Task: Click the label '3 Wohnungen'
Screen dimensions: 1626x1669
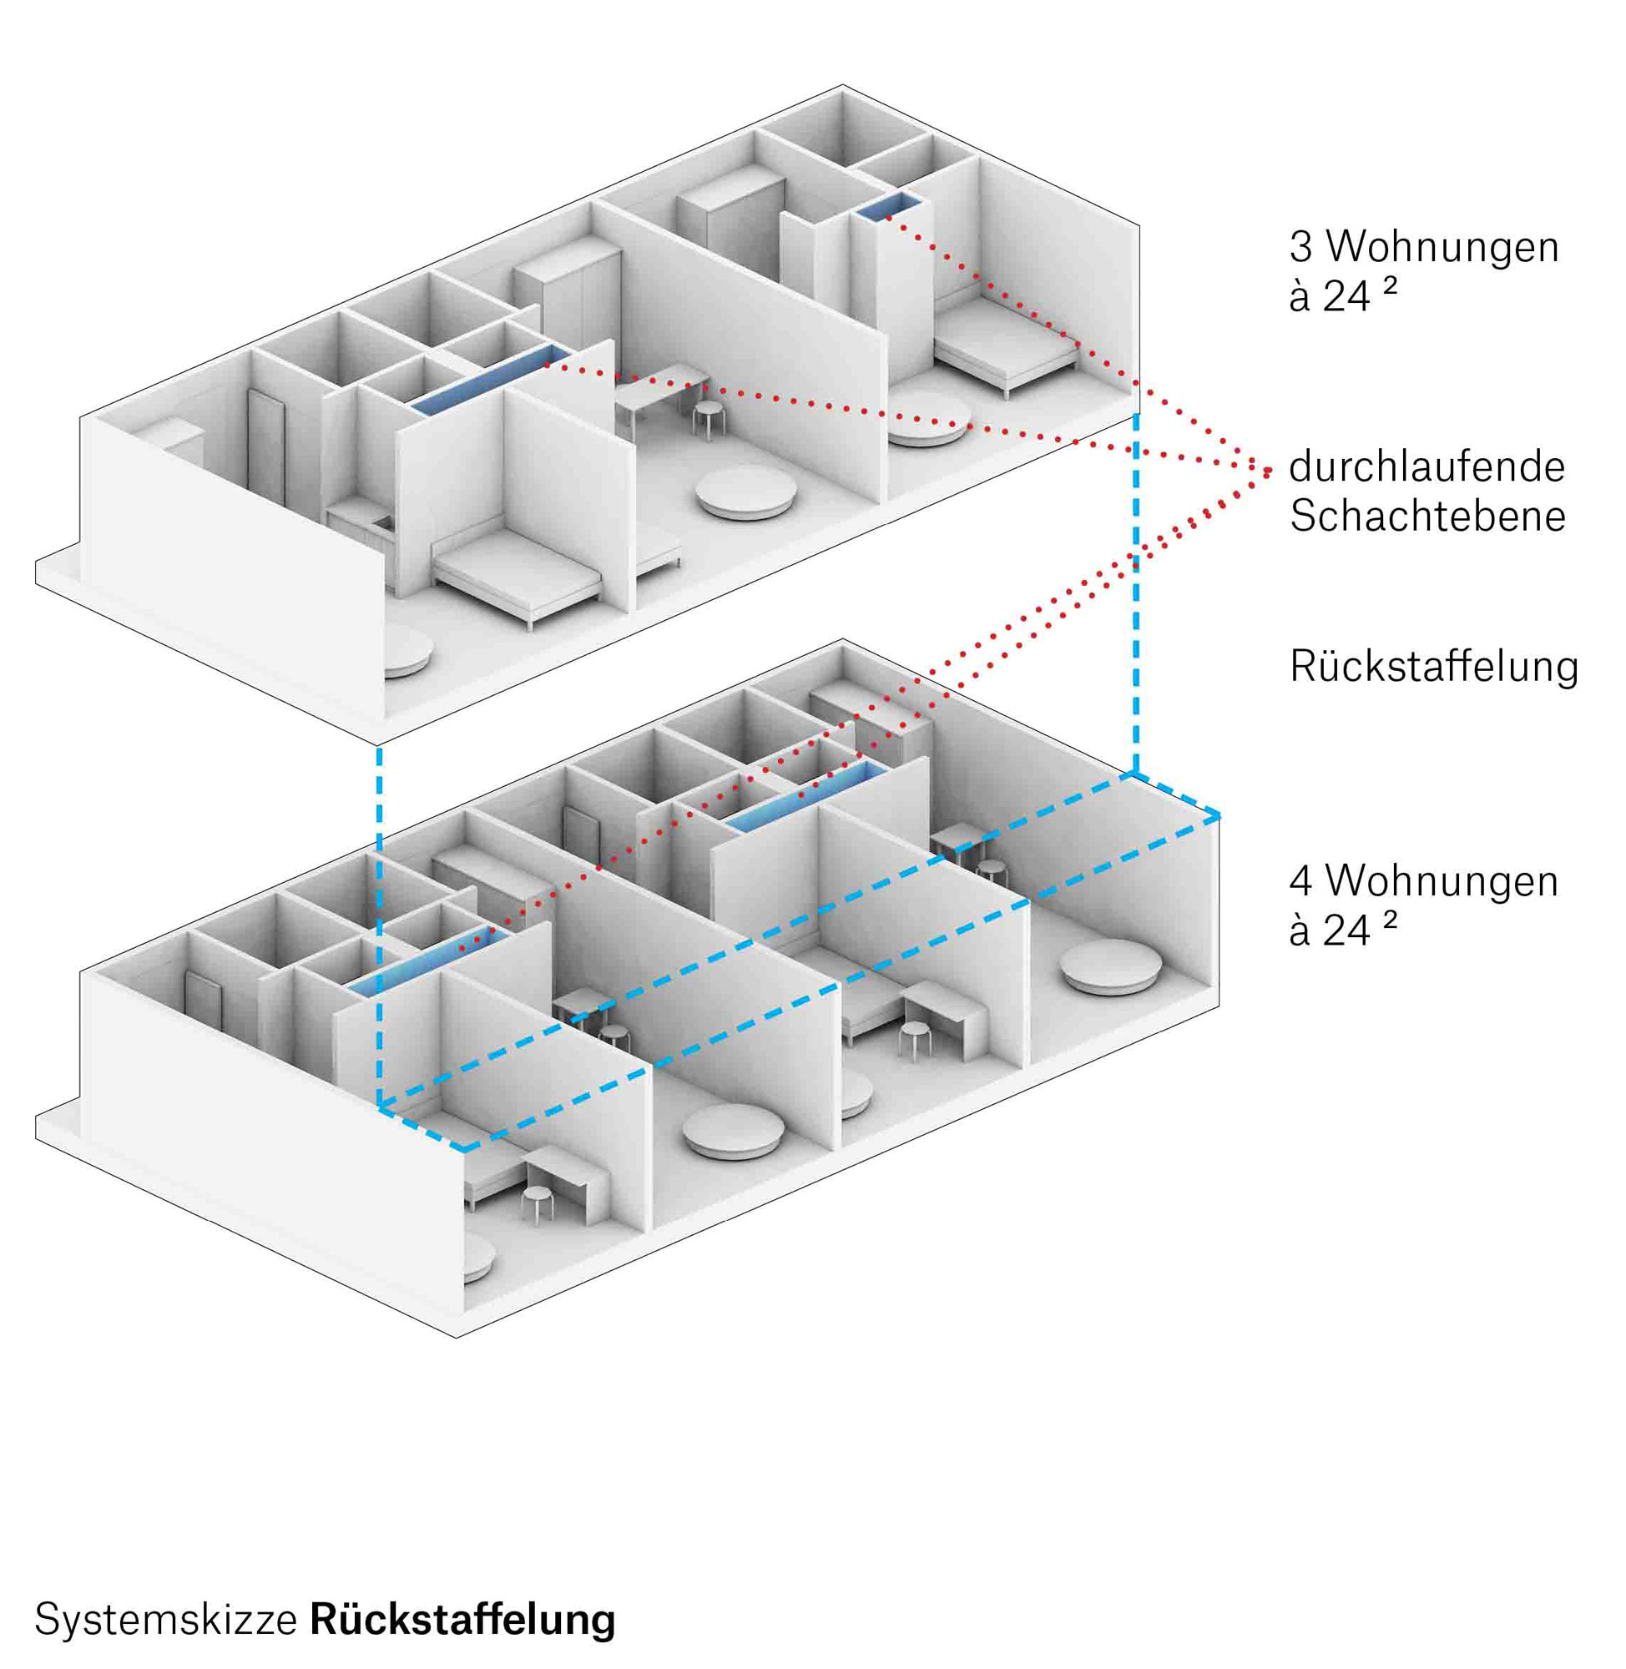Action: pos(1424,247)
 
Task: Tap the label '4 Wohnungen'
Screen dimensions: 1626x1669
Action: pos(1424,880)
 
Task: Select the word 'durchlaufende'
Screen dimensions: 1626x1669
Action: pos(1427,466)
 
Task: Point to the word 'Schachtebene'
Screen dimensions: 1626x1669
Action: pos(1427,516)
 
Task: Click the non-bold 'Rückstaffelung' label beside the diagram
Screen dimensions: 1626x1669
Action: pos(1434,667)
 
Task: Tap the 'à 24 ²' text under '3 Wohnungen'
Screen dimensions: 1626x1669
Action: pos(1342,295)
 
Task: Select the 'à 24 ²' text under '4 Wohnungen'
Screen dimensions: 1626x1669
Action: pos(1342,930)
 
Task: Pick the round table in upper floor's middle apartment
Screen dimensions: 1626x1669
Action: pos(746,489)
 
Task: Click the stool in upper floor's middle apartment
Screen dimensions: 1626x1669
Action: pos(708,419)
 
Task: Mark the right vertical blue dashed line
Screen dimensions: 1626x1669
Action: pos(1135,592)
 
